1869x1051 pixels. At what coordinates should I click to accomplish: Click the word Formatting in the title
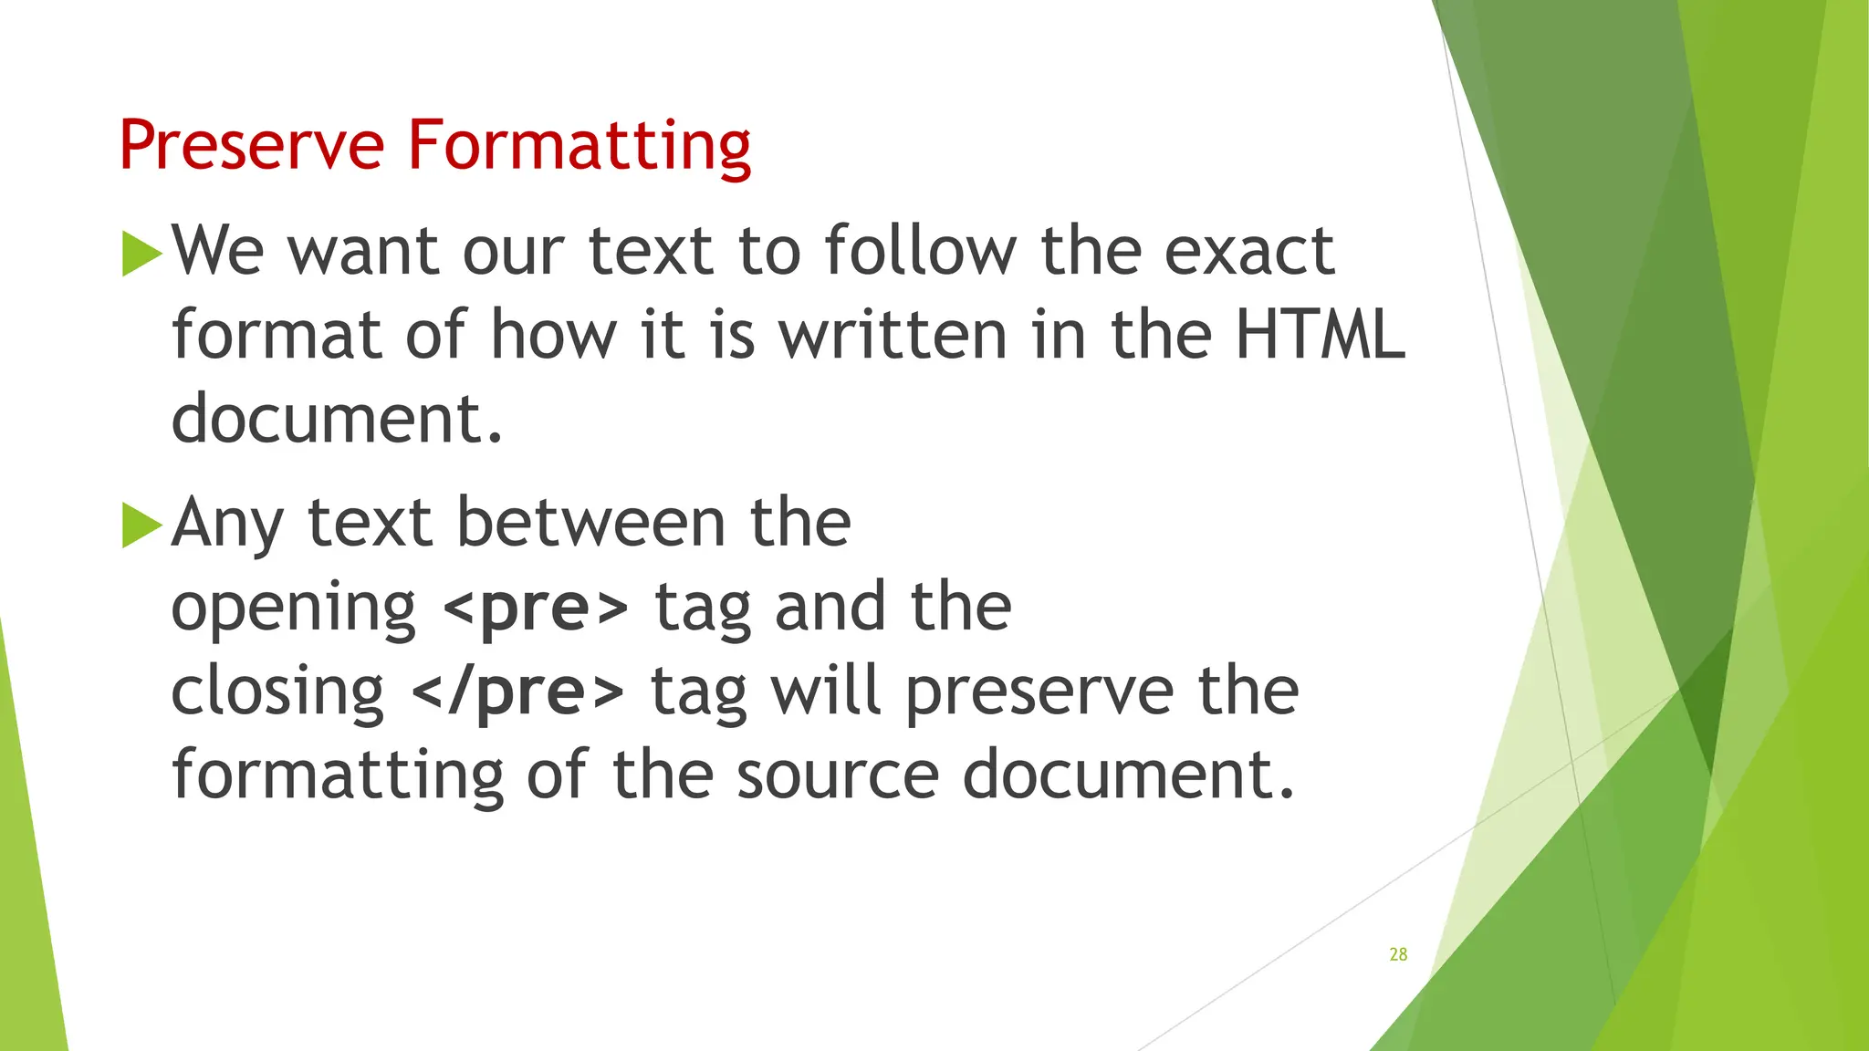click(x=579, y=146)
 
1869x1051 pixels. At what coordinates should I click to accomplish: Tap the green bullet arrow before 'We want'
click(x=141, y=254)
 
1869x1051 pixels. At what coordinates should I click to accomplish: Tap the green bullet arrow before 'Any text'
click(x=141, y=525)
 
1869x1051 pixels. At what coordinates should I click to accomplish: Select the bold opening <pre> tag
click(x=536, y=608)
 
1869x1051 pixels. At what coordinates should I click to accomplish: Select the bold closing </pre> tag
click(x=518, y=692)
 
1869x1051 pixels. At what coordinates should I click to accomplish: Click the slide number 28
click(x=1398, y=954)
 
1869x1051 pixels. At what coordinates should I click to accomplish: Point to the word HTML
click(x=1320, y=334)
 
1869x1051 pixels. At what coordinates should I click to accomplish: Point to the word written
click(x=893, y=334)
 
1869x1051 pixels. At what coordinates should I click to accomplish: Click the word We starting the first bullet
click(x=219, y=250)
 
